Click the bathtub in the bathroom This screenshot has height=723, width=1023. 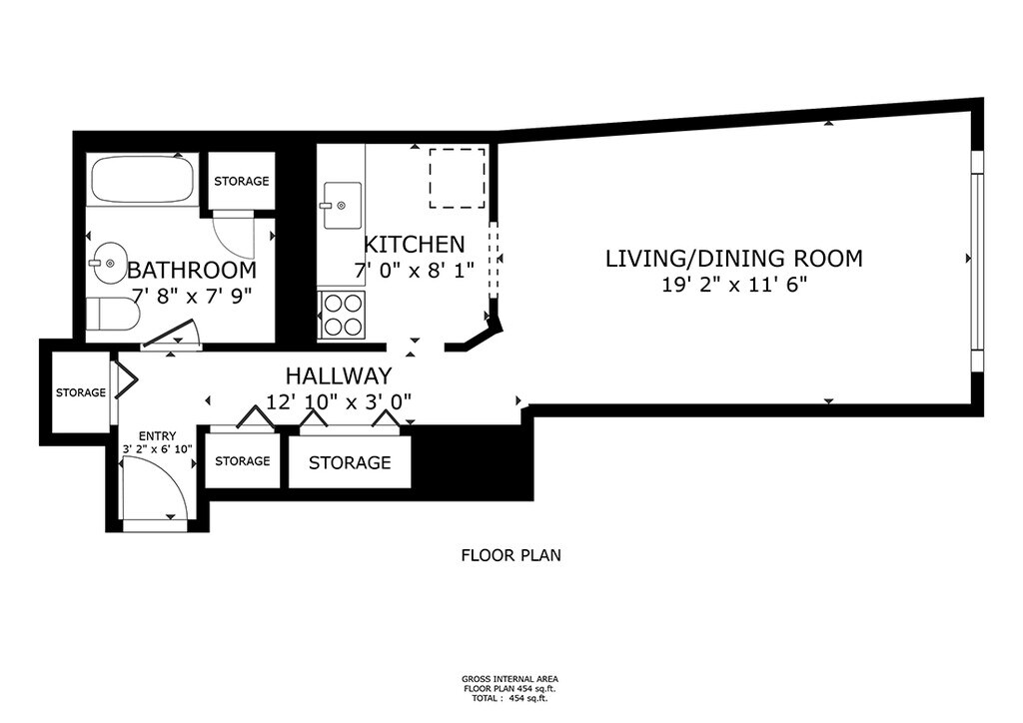click(x=142, y=180)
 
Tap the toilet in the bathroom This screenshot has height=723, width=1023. click(x=113, y=314)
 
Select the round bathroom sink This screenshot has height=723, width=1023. click(x=109, y=263)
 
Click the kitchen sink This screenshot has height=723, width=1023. click(x=342, y=206)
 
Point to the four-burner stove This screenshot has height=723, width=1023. click(x=343, y=315)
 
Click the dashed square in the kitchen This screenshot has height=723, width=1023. click(x=457, y=178)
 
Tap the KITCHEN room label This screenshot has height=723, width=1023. click(x=414, y=245)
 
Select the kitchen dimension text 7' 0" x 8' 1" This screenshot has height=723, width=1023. click(x=414, y=270)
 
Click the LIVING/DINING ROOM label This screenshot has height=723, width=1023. click(x=734, y=259)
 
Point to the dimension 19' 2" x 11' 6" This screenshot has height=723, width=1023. click(x=734, y=285)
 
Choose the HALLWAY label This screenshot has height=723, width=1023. click(x=339, y=375)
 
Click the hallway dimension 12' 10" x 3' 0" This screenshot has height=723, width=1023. click(x=339, y=401)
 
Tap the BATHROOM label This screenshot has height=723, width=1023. click(x=192, y=270)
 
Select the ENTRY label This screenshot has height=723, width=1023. click(x=157, y=436)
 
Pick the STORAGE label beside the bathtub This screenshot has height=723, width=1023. click(x=242, y=181)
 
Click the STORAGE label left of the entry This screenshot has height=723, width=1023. click(x=81, y=392)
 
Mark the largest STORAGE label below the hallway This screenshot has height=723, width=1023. click(x=350, y=463)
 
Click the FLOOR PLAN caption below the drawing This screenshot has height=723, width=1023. click(x=511, y=555)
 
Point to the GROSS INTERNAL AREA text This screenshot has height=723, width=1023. click(x=510, y=679)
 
